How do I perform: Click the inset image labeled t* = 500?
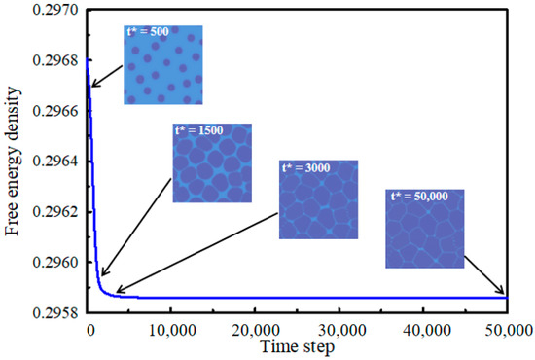(x=162, y=66)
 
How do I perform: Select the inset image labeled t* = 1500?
(x=212, y=163)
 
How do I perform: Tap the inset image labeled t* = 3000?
(x=318, y=199)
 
